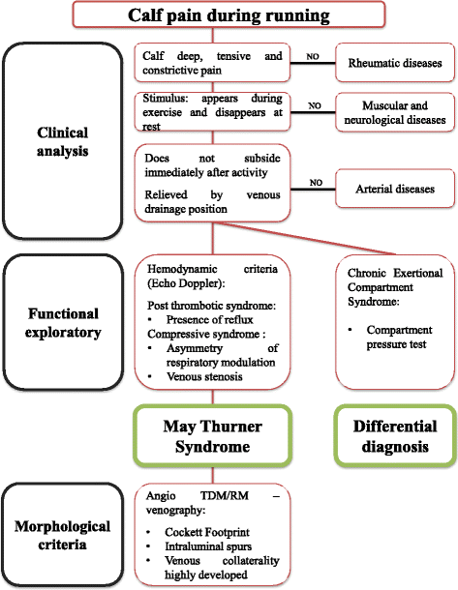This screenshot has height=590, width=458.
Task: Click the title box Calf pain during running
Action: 229,16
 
